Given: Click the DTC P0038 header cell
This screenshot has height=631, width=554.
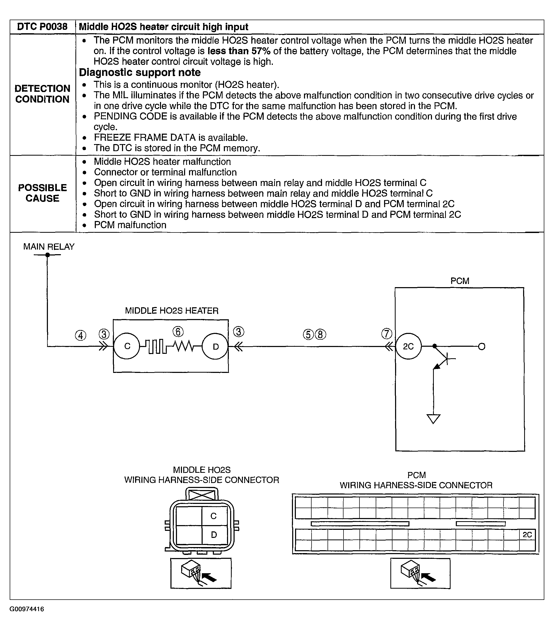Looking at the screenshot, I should pos(42,27).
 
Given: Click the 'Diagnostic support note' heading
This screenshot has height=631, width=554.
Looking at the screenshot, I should pos(140,72).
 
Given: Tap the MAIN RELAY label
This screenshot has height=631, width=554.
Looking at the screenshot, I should pos(49,247).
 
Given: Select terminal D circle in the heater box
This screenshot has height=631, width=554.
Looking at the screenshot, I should pos(215,346).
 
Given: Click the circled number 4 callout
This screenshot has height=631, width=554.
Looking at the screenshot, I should pos(81,335).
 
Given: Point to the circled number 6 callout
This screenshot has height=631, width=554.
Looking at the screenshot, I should pos(178,332).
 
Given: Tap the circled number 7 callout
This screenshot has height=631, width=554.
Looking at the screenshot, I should pos(387,334).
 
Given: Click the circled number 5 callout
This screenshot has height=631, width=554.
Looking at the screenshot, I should pos(308,335).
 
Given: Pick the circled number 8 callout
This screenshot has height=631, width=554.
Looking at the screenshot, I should pos(320,335).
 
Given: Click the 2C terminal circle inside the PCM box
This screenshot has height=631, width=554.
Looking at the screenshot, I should pos(408,346).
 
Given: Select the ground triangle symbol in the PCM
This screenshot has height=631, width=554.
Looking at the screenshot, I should pos(433,419).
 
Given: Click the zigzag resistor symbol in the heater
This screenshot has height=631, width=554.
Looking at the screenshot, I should pos(183,346).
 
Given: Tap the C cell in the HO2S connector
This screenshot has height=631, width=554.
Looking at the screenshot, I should pos(214,516).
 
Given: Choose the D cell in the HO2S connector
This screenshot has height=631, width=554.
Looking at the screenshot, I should pos(214,535).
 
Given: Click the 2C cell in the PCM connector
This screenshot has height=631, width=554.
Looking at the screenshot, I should pos(527,535).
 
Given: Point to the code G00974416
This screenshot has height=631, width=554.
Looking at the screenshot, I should pos(27,609).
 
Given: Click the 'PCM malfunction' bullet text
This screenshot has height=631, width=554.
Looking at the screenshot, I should pos(130,225).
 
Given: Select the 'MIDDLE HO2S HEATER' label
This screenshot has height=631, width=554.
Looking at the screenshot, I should pos(171,311).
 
